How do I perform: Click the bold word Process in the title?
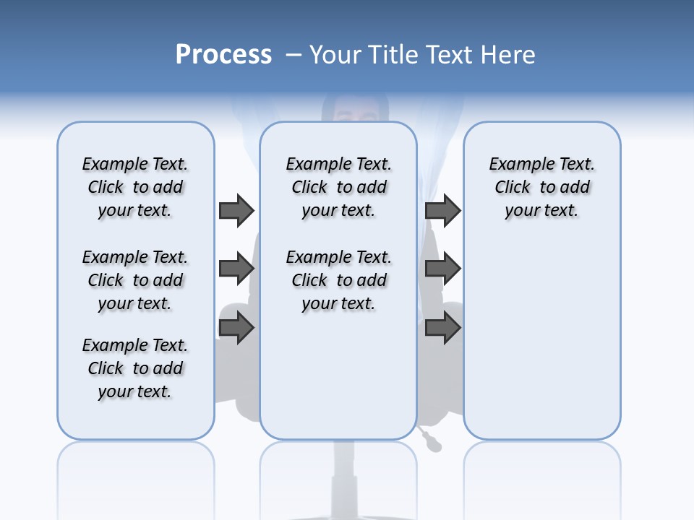point(223,55)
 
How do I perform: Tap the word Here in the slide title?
point(510,55)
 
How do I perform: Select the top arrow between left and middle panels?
point(236,210)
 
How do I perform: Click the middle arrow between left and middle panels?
point(236,269)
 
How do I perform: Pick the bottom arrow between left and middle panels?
point(236,328)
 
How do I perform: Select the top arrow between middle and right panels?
point(442,210)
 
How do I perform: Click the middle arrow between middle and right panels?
point(442,269)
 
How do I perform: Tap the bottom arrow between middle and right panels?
point(442,328)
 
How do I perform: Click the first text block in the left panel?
point(135,187)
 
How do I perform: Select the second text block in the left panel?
point(135,280)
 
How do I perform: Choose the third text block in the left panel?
point(135,368)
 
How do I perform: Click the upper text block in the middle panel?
point(339,187)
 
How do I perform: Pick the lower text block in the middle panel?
point(339,280)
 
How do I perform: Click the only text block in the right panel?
point(542,187)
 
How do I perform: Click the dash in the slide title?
point(293,55)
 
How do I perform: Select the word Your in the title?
point(336,55)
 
